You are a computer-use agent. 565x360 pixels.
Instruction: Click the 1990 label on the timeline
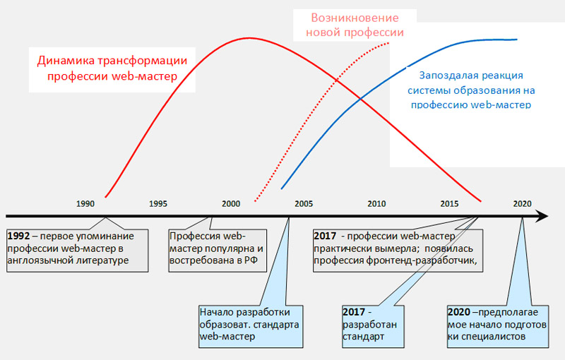(85, 204)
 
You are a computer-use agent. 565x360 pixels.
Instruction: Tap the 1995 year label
(158, 204)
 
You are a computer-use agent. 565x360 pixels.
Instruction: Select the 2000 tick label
(231, 204)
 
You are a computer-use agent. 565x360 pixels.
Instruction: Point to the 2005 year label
(304, 204)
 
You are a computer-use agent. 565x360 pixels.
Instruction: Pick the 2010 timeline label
(376, 204)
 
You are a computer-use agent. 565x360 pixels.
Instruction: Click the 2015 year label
(449, 204)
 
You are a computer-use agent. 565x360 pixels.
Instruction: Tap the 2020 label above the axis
(522, 204)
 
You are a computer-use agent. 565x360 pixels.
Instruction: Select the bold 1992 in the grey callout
(18, 236)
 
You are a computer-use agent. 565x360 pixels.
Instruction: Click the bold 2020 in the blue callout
(458, 312)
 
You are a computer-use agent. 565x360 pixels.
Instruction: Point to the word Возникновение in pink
(355, 18)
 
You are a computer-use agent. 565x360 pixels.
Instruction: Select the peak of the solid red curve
(249, 38)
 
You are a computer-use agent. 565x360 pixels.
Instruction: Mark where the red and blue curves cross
(360, 98)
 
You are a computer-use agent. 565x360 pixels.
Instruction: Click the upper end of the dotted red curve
(389, 43)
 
